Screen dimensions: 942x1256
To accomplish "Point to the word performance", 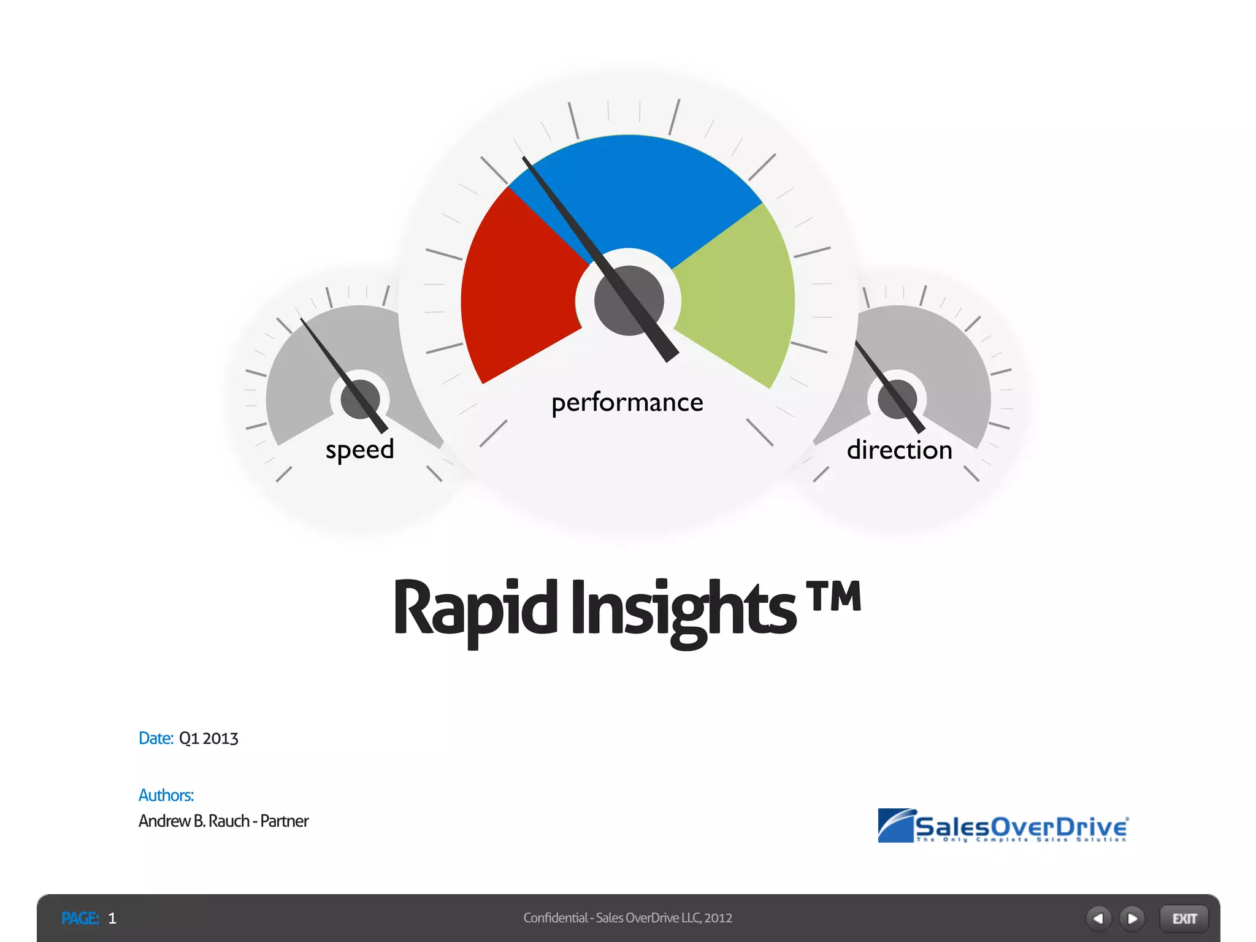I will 627,403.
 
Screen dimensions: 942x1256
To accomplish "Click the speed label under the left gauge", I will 359,450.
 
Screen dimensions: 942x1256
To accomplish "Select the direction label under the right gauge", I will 899,450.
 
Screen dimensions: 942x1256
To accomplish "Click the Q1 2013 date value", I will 208,738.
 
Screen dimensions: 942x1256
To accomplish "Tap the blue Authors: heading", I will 166,795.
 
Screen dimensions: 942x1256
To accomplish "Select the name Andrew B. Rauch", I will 194,821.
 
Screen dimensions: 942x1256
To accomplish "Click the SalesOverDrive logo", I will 1003,826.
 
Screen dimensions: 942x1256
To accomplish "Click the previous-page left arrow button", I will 1098,918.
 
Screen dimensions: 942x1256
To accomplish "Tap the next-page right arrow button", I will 1132,918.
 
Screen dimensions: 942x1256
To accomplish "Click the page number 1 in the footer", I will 112,918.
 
